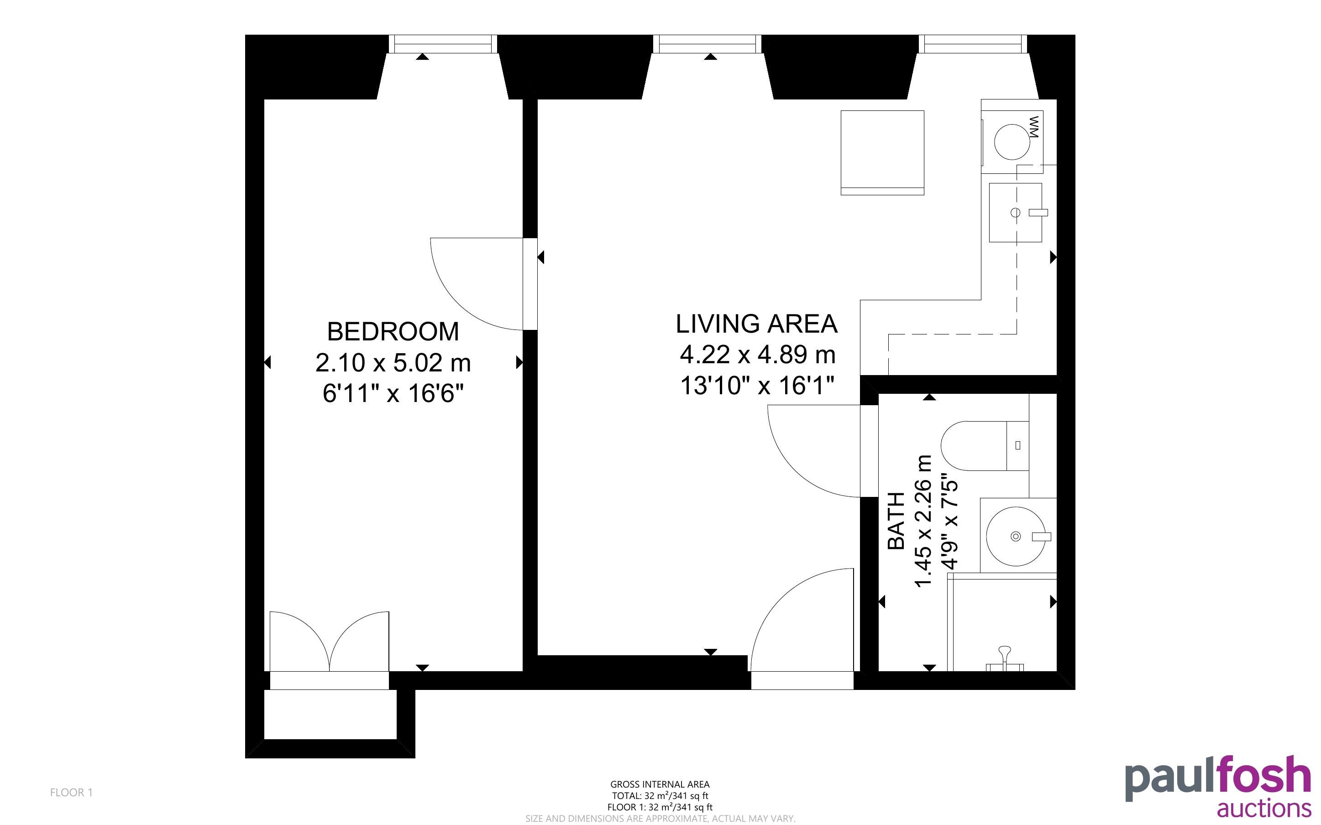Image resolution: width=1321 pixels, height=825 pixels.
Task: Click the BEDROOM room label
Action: (x=393, y=332)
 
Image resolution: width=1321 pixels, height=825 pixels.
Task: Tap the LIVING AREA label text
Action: (x=756, y=324)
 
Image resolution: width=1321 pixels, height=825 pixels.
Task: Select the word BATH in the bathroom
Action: (x=896, y=521)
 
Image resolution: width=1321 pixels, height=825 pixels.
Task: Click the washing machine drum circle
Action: (x=1012, y=142)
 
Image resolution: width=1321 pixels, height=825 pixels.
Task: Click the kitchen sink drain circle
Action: (x=1016, y=212)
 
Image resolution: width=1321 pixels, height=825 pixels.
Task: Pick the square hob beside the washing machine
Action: (x=882, y=153)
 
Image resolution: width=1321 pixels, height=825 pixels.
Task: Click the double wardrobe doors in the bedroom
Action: (x=329, y=642)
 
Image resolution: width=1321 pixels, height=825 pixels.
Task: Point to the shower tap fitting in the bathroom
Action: (x=1005, y=658)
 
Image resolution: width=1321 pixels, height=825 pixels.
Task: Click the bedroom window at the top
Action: (x=442, y=44)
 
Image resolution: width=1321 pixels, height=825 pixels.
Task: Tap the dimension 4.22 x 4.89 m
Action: (x=757, y=355)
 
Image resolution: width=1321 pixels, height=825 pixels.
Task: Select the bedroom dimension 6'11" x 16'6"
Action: (x=393, y=393)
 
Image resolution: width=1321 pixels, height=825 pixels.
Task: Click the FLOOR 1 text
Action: (x=72, y=792)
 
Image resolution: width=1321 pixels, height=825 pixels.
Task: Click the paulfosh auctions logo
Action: (x=1218, y=785)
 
